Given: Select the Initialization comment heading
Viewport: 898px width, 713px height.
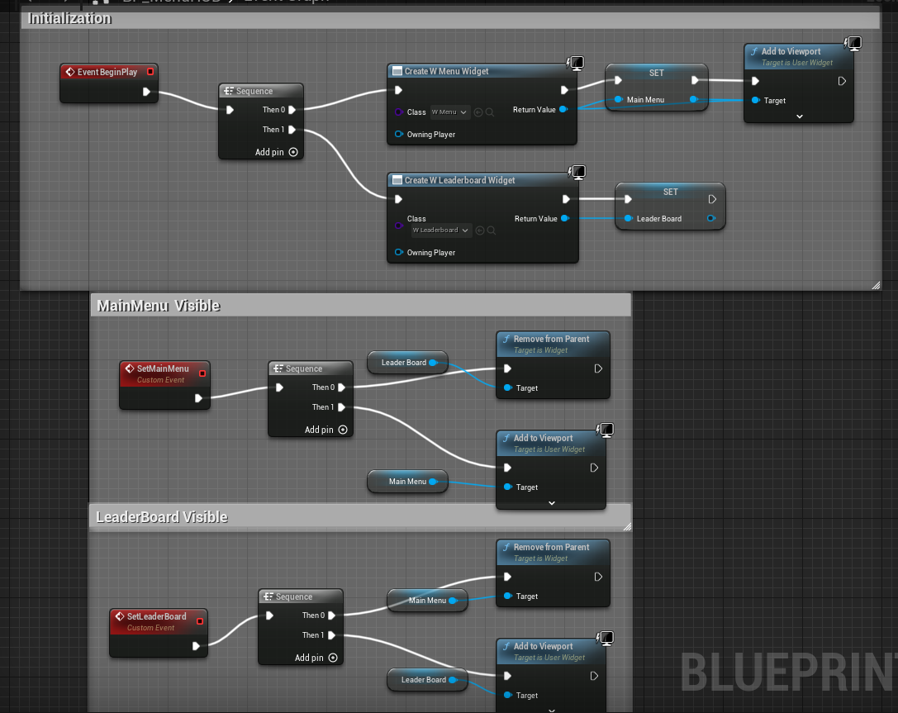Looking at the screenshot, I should (70, 18).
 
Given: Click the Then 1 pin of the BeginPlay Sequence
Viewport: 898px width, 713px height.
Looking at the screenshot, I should (292, 130).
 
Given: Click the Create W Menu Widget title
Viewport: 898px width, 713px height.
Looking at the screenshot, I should (446, 71).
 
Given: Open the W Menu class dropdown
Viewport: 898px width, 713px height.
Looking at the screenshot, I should (449, 112).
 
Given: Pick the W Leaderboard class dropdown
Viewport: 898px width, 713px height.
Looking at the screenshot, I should (441, 230).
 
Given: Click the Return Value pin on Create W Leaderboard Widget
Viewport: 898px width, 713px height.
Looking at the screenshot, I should (564, 219).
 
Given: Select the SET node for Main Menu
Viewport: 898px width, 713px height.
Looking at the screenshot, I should (656, 73).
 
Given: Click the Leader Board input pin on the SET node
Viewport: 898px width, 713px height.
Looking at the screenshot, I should (629, 219).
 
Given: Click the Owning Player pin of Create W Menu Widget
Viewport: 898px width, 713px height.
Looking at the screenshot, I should (399, 134).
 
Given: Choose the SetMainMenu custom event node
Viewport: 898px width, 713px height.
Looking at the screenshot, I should (163, 369).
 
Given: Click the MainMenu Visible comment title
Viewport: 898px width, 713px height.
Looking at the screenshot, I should (159, 306).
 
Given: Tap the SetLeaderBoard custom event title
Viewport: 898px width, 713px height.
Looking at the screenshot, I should (156, 616).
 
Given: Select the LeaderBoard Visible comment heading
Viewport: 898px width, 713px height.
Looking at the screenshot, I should (162, 517).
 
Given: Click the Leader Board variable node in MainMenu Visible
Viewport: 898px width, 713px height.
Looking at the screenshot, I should (405, 363).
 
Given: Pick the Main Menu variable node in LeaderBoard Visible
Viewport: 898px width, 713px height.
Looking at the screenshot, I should (428, 601).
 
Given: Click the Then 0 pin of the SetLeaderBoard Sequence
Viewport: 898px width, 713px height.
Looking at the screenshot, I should (332, 616).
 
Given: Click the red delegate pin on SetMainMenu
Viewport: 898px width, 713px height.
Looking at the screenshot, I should (202, 373).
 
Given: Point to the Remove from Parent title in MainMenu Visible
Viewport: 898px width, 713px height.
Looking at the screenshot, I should (551, 339).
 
